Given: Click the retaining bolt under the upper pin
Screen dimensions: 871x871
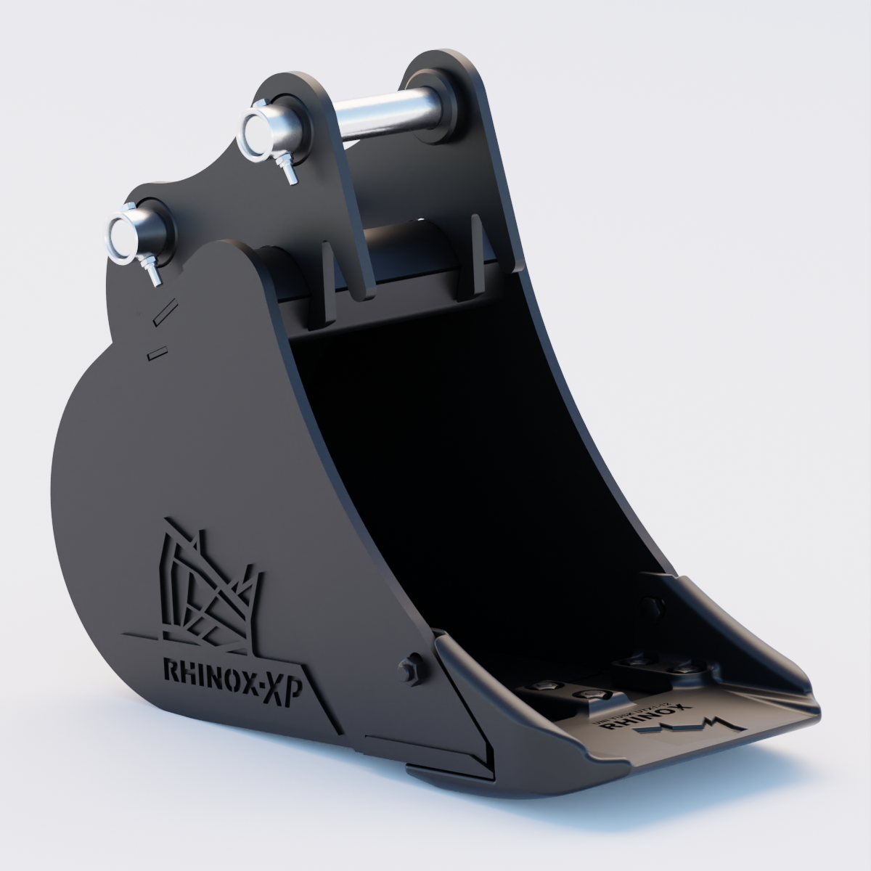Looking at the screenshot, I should [x=289, y=174].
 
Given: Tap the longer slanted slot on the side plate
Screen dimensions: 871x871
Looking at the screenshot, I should [x=165, y=310].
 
